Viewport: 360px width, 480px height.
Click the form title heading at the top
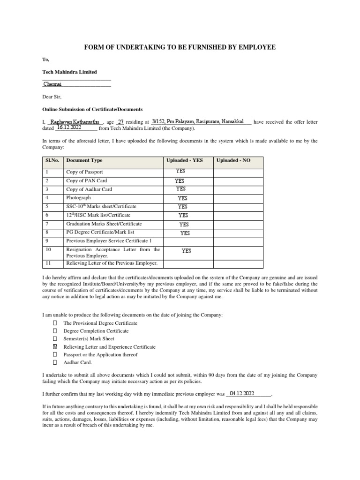(x=180, y=47)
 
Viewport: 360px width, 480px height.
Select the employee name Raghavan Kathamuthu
(x=75, y=121)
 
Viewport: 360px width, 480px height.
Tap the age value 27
(x=120, y=121)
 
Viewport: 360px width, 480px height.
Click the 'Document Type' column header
(x=84, y=160)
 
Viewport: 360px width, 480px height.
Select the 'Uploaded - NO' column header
(x=233, y=160)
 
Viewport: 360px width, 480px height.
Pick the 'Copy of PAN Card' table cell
(x=86, y=181)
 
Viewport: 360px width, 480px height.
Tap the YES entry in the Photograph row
(x=182, y=198)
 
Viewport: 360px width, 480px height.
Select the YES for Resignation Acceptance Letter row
(x=186, y=251)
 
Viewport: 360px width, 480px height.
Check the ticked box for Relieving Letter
(x=55, y=347)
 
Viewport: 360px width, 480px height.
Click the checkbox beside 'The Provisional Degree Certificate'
(x=55, y=323)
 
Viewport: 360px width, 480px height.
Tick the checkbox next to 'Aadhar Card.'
(x=55, y=362)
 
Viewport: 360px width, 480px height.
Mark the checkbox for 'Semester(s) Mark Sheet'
(x=55, y=339)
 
